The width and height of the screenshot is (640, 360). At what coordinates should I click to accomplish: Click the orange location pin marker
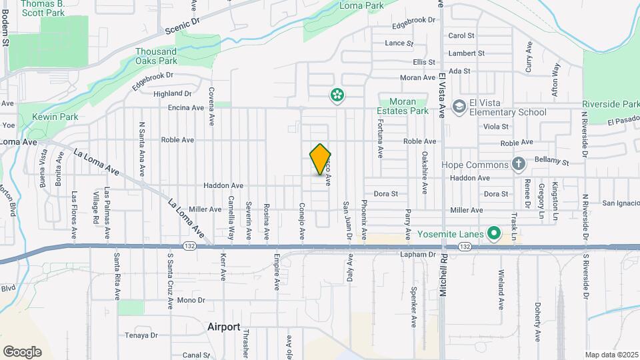tap(320, 159)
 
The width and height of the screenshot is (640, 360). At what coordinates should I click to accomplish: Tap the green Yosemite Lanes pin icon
tap(493, 233)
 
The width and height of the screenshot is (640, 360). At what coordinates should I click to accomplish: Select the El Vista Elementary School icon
tap(459, 107)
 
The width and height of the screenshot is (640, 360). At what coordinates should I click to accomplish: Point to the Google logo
tap(22, 351)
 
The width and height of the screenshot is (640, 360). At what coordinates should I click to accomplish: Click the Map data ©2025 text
tap(611, 355)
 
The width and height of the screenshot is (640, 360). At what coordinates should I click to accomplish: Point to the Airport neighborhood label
tap(223, 327)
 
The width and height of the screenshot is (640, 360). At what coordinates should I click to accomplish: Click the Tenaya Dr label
tap(143, 335)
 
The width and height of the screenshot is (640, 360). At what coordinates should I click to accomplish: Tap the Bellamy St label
tap(555, 162)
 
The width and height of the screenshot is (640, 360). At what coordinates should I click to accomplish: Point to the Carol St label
tap(461, 35)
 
